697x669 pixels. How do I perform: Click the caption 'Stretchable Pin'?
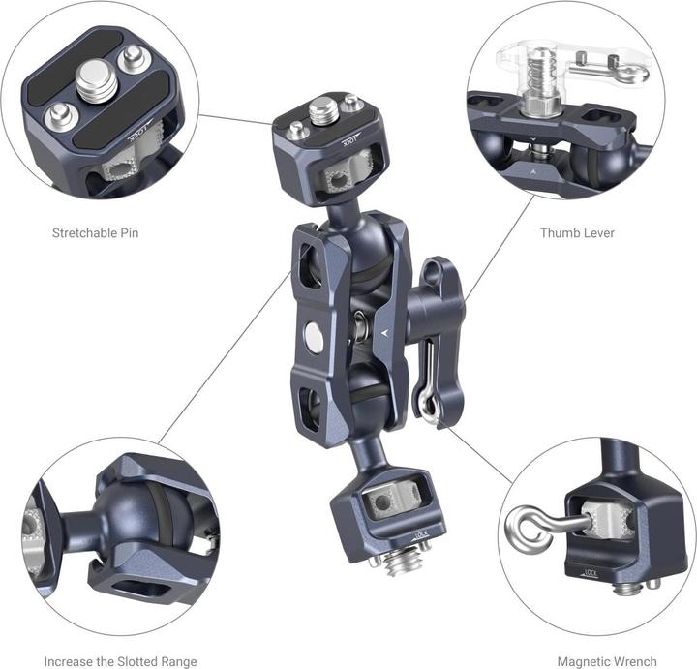(95, 233)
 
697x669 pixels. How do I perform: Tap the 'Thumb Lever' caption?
(577, 233)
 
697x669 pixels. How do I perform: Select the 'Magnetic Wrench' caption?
(607, 661)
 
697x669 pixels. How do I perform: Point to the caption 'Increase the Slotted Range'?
(120, 661)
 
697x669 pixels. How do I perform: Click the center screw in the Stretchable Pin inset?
(97, 81)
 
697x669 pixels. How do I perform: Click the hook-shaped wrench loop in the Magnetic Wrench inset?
(529, 531)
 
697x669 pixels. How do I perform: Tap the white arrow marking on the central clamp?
(385, 332)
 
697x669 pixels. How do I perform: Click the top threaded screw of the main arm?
(320, 111)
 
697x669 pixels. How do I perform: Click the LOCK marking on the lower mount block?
(421, 535)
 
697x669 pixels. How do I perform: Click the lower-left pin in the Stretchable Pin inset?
(60, 116)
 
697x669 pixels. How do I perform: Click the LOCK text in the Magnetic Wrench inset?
(590, 573)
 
